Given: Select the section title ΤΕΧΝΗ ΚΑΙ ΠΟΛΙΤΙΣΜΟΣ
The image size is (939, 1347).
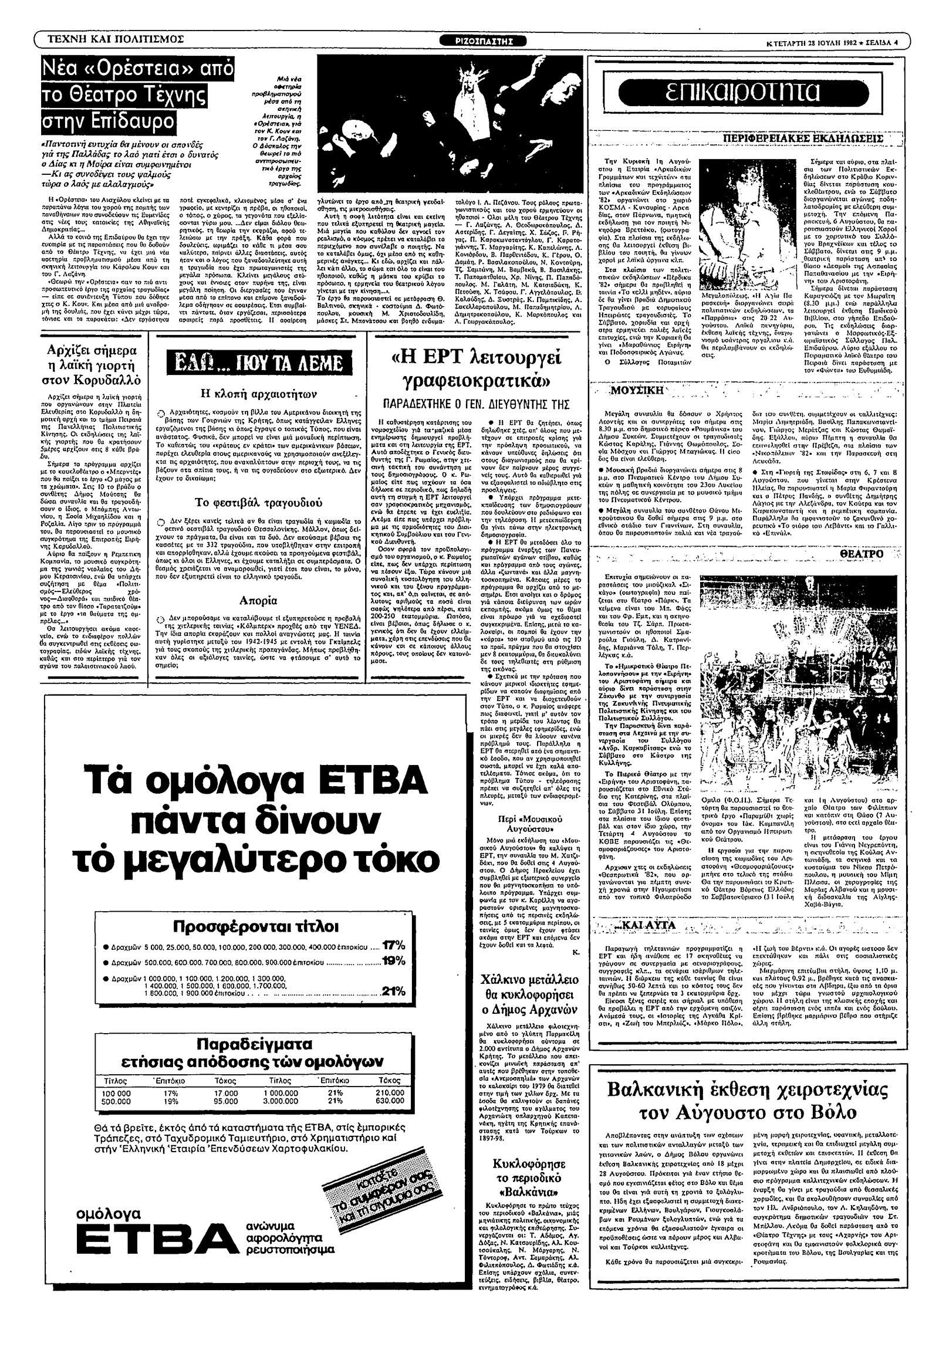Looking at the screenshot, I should coord(116,40).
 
